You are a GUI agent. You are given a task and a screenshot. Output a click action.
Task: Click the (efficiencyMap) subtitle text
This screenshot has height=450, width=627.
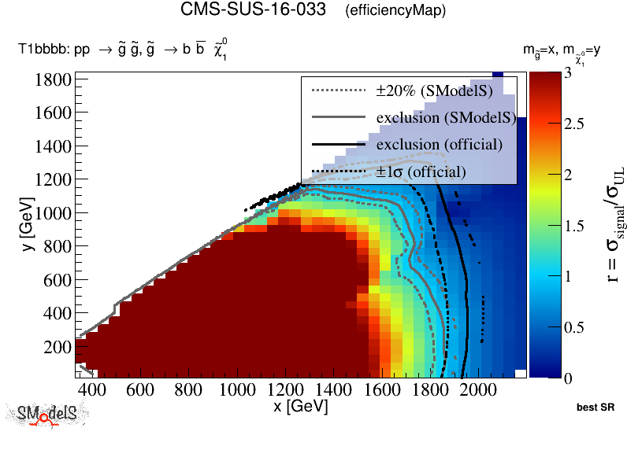(395, 11)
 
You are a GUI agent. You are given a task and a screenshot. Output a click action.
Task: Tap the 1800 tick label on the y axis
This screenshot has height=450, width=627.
(53, 79)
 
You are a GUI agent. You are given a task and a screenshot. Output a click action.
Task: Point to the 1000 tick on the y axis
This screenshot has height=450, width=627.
(53, 213)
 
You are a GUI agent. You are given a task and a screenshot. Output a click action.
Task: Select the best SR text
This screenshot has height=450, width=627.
(595, 408)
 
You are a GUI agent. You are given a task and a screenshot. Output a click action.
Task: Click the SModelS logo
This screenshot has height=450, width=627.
(46, 415)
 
